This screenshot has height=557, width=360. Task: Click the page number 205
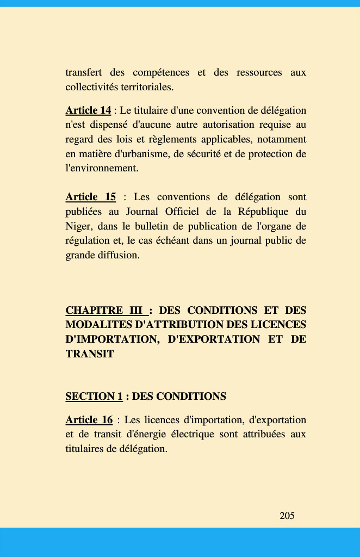[287, 516]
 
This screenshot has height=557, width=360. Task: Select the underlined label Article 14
[88, 111]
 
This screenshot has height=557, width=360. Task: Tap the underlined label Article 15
[90, 197]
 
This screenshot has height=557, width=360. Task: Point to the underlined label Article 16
[89, 420]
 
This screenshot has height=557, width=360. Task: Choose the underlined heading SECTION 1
[94, 397]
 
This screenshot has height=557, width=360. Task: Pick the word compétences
[161, 72]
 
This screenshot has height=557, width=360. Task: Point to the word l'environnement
[102, 168]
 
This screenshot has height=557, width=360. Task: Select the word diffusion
[117, 255]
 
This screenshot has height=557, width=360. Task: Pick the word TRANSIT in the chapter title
[89, 354]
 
